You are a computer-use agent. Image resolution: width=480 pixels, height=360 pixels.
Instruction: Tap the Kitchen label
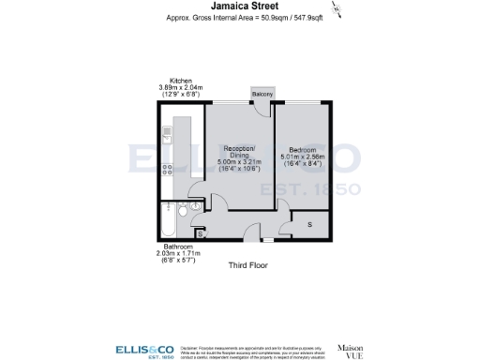[x=181, y=81]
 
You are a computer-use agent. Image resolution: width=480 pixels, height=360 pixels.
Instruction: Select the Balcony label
[x=263, y=95]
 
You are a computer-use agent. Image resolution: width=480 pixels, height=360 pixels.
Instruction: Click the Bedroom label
[x=302, y=150]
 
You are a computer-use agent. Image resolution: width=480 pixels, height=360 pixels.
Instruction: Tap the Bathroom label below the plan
[x=176, y=247]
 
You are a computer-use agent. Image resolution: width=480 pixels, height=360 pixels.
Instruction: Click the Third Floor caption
[x=248, y=265]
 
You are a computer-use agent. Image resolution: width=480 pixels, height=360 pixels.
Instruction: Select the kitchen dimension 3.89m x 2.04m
[x=181, y=88]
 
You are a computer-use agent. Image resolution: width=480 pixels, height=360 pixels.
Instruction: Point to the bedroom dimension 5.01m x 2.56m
[x=302, y=157]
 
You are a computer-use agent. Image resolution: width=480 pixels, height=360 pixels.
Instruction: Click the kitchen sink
[x=168, y=133]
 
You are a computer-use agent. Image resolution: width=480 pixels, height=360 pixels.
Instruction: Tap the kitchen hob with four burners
[x=168, y=170]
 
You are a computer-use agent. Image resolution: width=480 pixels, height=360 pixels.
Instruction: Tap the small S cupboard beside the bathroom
[x=199, y=232]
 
